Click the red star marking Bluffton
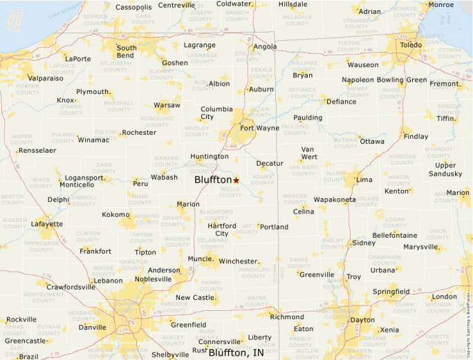(x=236, y=180)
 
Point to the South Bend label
(x=126, y=52)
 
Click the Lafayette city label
(x=47, y=224)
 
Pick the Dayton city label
(x=363, y=320)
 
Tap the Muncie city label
(x=200, y=259)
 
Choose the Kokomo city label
(x=115, y=215)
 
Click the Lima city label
(x=364, y=180)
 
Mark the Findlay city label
(x=416, y=136)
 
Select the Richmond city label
(x=287, y=317)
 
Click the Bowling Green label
(x=402, y=79)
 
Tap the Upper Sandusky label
(x=445, y=169)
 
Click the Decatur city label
(x=270, y=163)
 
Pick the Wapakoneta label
(x=335, y=200)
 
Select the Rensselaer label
(x=37, y=150)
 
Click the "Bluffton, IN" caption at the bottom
(x=236, y=352)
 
